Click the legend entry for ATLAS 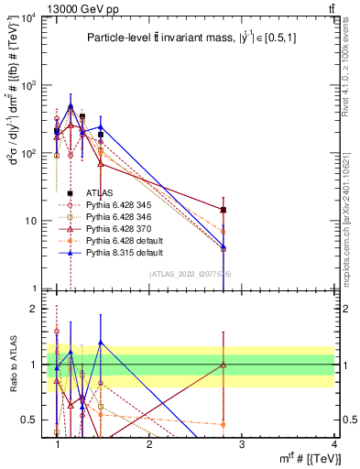(x=99, y=192)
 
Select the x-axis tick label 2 (x=149, y=444)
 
